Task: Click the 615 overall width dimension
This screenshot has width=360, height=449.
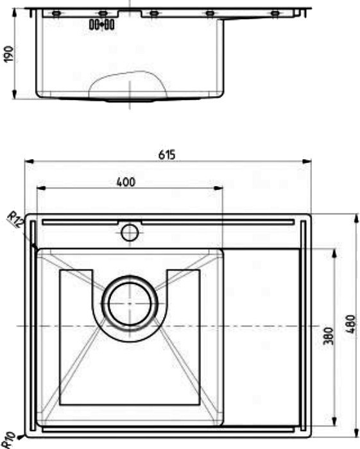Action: [167, 155]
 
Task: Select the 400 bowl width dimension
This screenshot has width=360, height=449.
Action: [126, 182]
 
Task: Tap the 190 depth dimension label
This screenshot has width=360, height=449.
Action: [8, 54]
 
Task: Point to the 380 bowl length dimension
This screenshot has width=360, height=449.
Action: [328, 335]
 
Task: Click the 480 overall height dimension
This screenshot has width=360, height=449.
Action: [351, 323]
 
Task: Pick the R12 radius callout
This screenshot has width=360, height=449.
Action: [15, 219]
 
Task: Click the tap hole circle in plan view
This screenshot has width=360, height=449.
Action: [130, 232]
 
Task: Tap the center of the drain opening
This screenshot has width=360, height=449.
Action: [130, 303]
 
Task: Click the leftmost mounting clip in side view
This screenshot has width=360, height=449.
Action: [56, 13]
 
